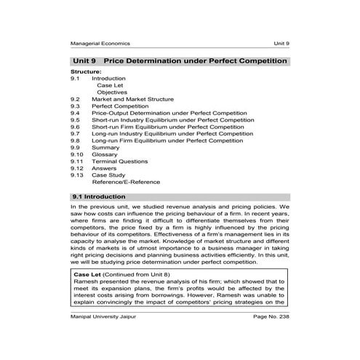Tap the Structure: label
pyautogui.click(x=86, y=73)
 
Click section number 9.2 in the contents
pyautogui.click(x=75, y=99)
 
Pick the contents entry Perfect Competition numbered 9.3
pyautogui.click(x=119, y=106)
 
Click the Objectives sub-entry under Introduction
pyautogui.click(x=112, y=92)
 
